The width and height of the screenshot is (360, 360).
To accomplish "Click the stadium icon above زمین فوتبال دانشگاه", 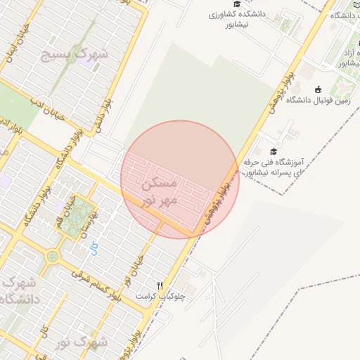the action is click(x=319, y=89).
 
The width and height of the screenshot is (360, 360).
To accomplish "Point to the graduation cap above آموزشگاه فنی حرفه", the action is click(x=273, y=151).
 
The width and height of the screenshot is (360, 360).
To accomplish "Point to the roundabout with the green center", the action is click(x=52, y=257).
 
